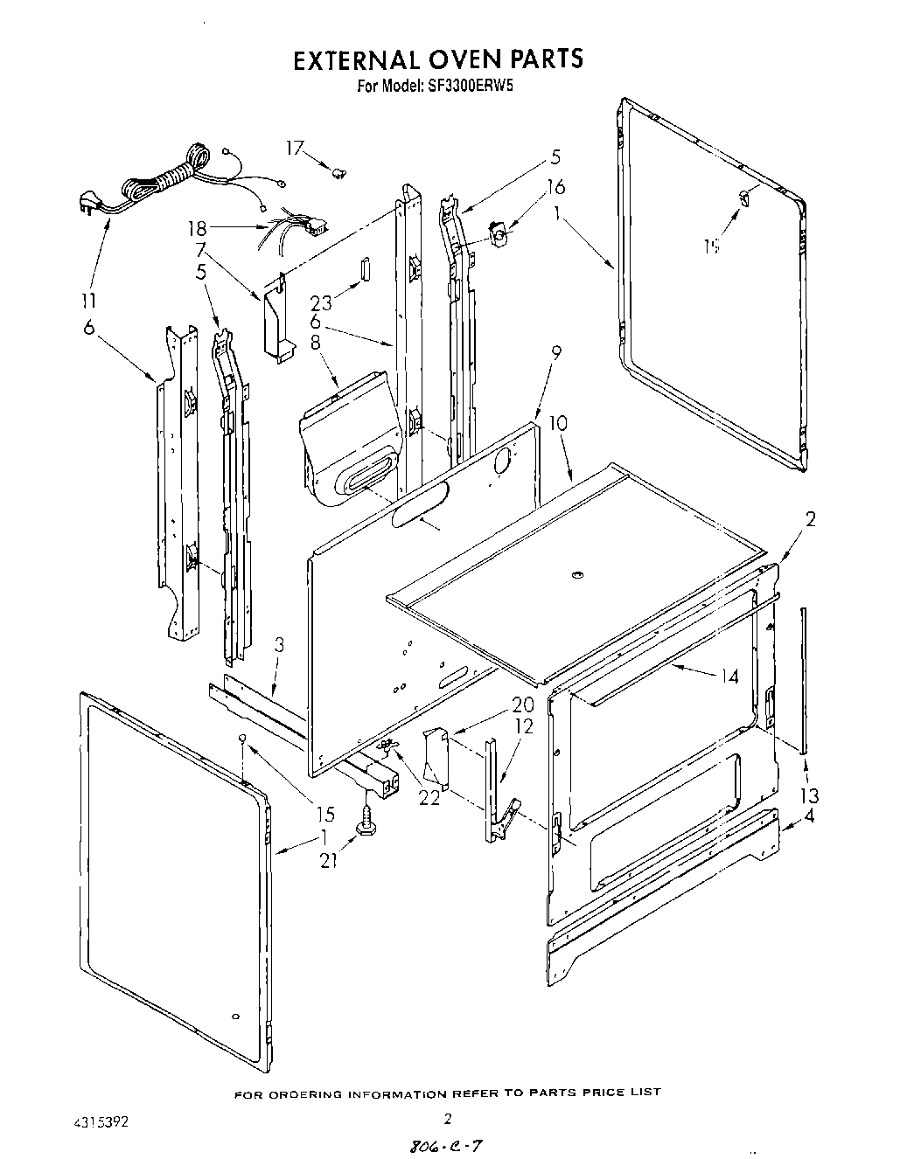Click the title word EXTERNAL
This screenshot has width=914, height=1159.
tap(357, 59)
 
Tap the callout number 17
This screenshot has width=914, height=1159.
tap(294, 149)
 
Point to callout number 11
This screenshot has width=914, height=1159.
tap(89, 302)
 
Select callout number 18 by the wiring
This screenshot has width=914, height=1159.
tap(198, 229)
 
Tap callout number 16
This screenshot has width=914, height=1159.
tap(555, 187)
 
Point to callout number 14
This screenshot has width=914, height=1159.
tap(729, 676)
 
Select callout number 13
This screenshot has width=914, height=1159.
tap(809, 795)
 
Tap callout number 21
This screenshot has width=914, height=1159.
tap(329, 861)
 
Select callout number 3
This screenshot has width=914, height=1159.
tap(279, 646)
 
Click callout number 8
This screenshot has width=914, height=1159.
tap(315, 344)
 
